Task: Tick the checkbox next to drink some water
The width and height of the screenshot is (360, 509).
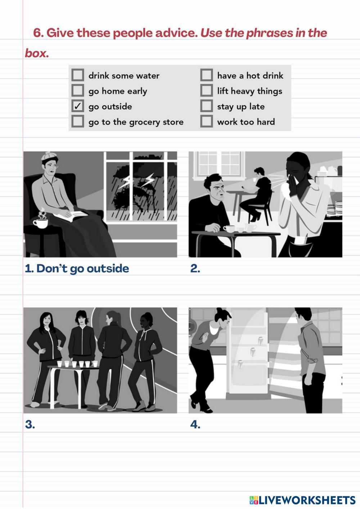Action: click(x=78, y=75)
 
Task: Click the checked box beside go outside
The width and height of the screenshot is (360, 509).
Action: click(x=78, y=106)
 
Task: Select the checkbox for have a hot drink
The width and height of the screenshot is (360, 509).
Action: click(x=207, y=75)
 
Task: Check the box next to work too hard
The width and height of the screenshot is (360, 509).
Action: click(x=207, y=121)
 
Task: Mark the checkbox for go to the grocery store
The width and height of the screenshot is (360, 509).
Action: click(x=78, y=121)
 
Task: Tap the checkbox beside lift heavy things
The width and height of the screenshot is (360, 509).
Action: click(x=207, y=90)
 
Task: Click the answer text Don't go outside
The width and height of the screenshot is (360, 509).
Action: click(x=82, y=269)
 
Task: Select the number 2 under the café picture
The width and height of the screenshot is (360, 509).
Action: click(x=195, y=269)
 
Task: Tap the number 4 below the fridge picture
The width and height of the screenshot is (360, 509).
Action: click(x=195, y=424)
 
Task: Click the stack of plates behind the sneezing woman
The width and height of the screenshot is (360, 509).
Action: click(x=334, y=208)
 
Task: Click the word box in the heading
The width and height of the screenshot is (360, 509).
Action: click(x=36, y=53)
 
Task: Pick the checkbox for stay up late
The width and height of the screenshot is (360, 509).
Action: click(x=207, y=106)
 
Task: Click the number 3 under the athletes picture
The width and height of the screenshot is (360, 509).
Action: click(x=30, y=424)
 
